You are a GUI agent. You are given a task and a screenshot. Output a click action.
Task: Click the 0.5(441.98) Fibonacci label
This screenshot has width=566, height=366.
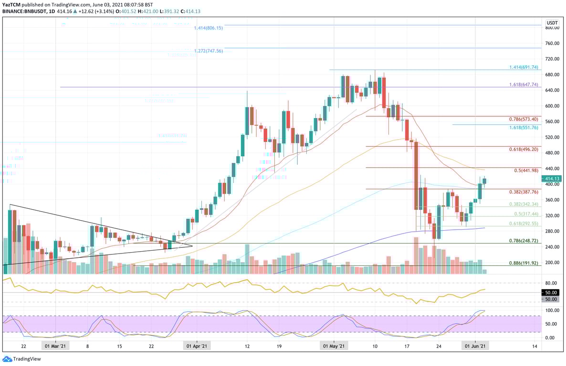pos(526,171)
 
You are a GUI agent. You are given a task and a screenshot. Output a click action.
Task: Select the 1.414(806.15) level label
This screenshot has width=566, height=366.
pos(208,28)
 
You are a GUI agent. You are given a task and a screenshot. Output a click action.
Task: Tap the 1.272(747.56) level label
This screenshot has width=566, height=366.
pos(208,51)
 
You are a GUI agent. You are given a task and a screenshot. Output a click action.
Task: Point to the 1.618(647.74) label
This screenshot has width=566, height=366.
pos(524,84)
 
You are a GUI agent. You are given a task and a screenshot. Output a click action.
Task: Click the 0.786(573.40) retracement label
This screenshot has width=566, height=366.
pos(524,119)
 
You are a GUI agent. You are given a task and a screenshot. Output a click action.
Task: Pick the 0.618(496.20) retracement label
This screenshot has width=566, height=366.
pos(524,149)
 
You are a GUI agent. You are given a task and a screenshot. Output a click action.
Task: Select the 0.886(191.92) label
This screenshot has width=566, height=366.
pos(524,263)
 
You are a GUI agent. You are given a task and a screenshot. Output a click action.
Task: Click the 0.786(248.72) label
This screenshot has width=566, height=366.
pos(524,241)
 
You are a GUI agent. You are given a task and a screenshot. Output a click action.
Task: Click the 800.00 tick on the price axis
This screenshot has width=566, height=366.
pos(552,28)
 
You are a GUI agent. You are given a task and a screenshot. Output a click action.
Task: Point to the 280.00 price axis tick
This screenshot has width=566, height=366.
pos(552,231)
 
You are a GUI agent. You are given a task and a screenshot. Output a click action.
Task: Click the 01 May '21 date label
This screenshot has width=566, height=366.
pos(334,346)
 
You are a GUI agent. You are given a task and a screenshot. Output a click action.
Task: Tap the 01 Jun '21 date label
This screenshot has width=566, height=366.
pos(475,346)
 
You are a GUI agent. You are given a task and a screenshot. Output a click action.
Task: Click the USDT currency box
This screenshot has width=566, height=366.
pos(552,22)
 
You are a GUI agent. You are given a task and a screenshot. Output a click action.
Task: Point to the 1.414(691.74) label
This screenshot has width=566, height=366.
pos(524,68)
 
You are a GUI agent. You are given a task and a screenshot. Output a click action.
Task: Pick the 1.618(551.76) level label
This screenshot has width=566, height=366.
pos(524,128)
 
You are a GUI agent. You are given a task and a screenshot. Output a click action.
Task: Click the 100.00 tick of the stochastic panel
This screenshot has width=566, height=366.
pos(552,310)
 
